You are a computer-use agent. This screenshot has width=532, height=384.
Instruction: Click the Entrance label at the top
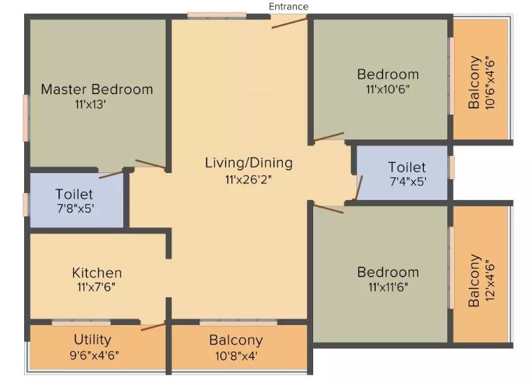click(288, 6)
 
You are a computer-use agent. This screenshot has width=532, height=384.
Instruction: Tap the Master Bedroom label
click(97, 89)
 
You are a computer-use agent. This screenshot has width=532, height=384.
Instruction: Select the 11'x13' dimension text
click(90, 104)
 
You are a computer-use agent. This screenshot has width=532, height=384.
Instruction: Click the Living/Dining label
click(248, 163)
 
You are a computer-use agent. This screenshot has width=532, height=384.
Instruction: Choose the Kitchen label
click(97, 273)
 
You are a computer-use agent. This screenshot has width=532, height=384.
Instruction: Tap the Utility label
click(92, 339)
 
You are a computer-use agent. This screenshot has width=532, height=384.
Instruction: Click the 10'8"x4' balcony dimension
click(236, 355)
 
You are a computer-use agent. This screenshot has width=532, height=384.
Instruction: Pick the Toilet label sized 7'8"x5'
click(74, 194)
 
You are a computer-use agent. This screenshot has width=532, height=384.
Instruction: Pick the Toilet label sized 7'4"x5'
click(407, 167)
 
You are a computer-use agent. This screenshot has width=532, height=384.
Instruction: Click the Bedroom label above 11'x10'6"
click(387, 74)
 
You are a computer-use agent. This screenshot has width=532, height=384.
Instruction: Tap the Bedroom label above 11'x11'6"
click(387, 273)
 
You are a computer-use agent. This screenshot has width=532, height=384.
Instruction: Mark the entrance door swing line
click(289, 22)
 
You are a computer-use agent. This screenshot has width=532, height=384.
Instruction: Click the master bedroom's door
click(150, 163)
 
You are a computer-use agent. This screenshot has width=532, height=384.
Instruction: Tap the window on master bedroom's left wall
click(26, 117)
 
